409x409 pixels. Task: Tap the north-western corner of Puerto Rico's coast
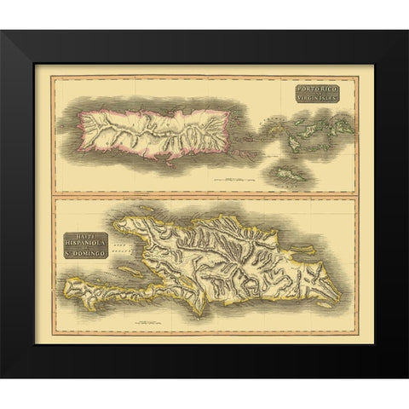78,119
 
